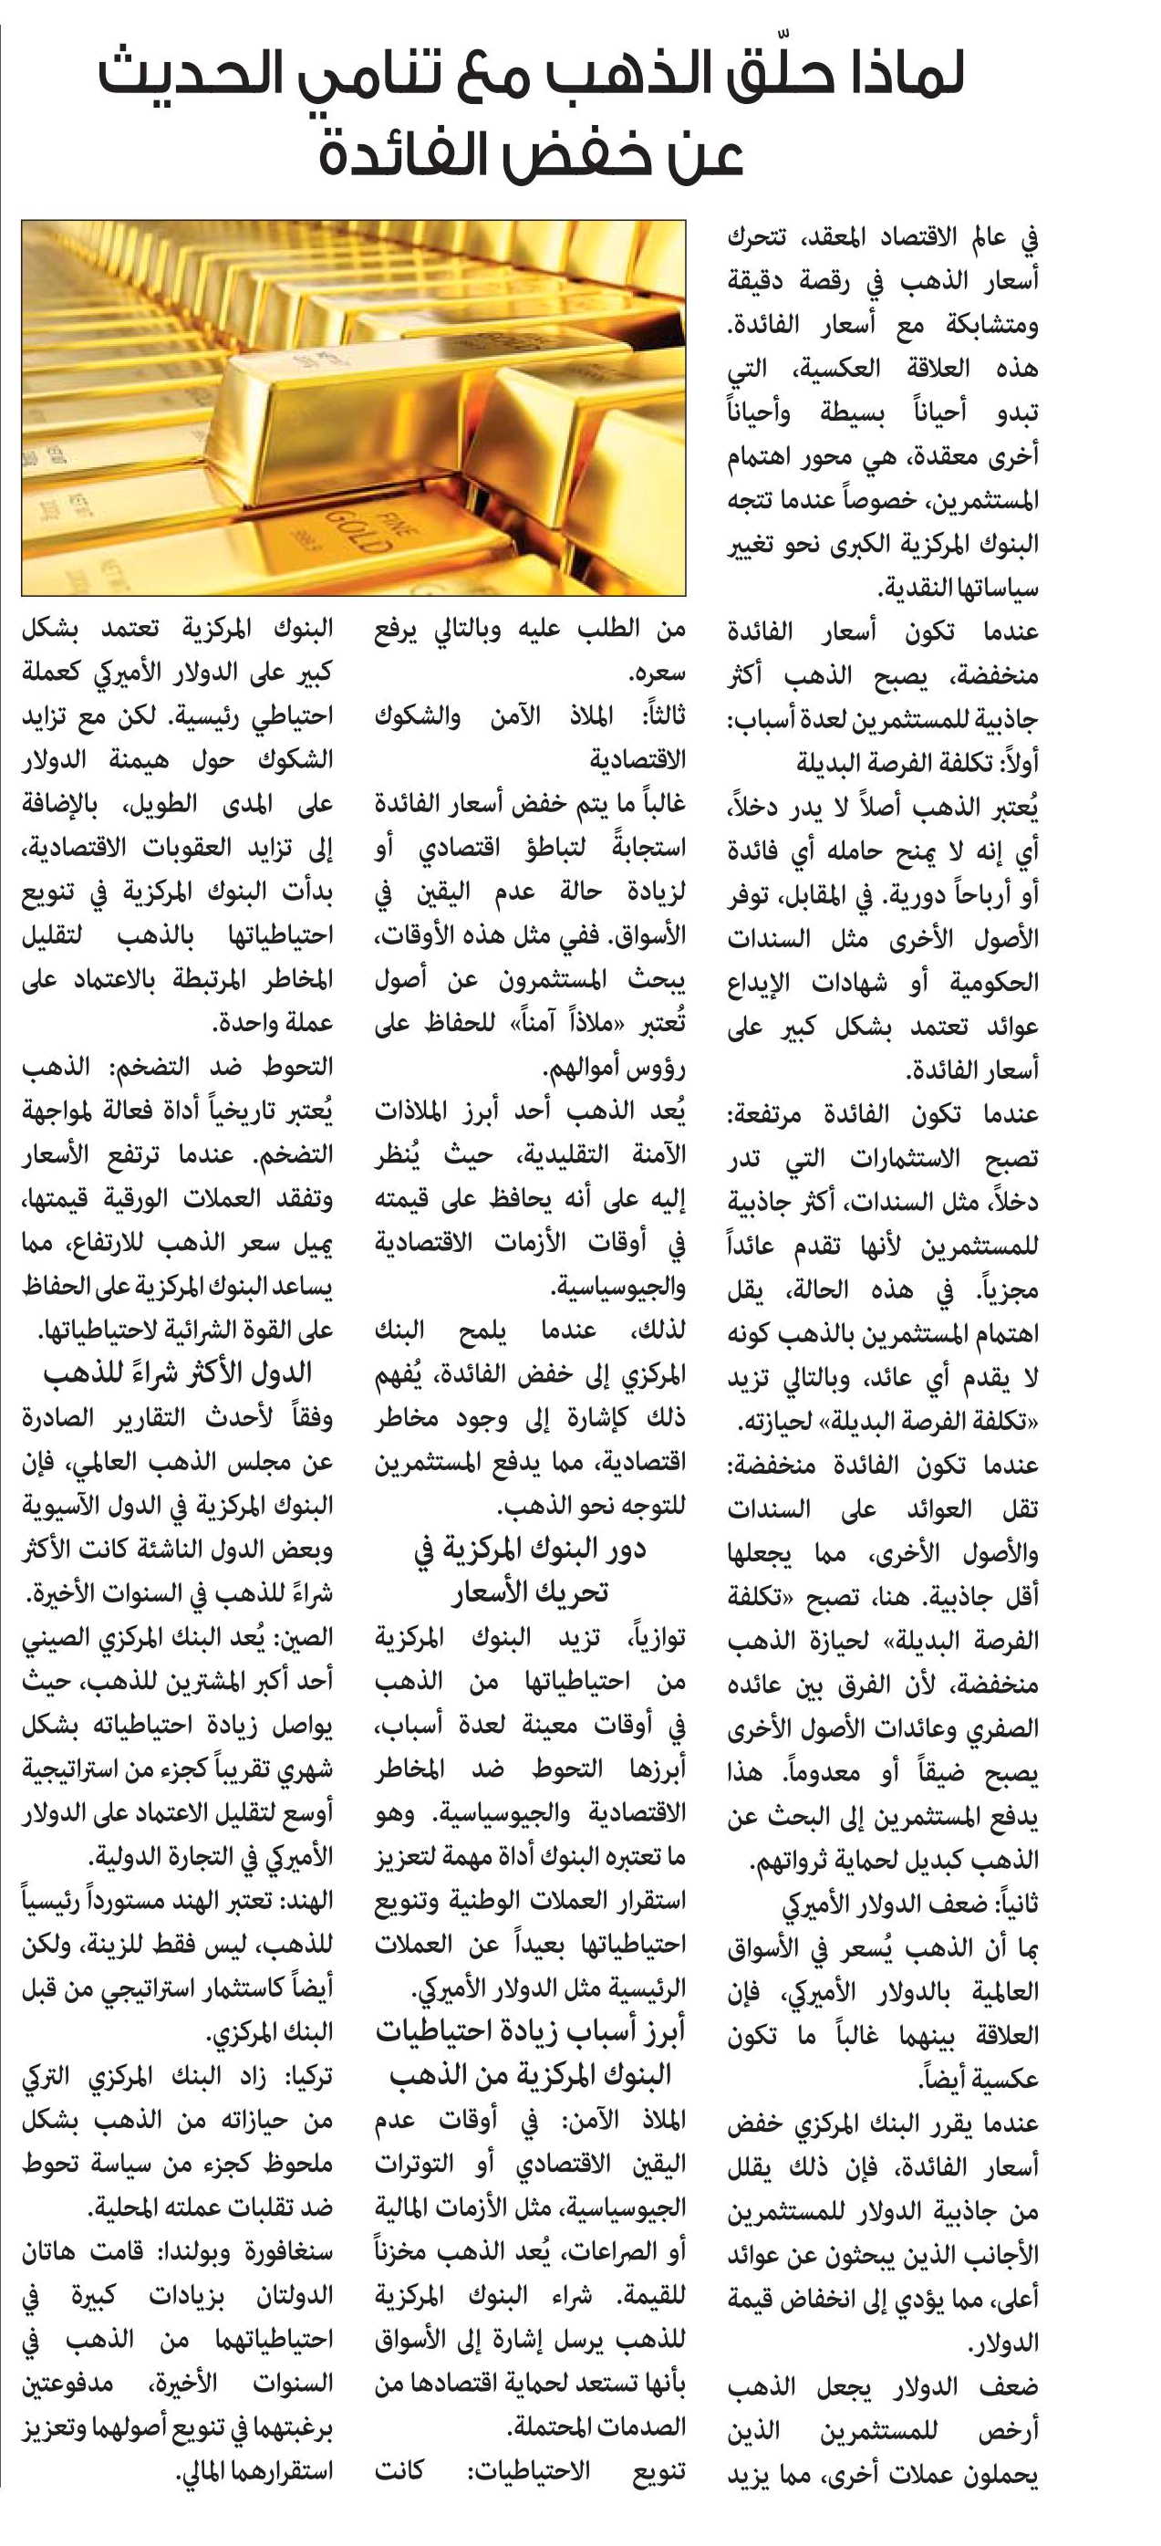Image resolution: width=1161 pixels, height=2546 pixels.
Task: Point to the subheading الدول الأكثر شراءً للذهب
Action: point(178,1372)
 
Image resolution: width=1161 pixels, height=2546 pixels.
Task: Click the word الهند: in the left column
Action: point(308,1901)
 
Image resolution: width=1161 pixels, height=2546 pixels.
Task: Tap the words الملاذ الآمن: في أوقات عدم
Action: point(554,2120)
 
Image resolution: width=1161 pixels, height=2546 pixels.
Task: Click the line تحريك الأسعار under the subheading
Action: point(530,1592)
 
